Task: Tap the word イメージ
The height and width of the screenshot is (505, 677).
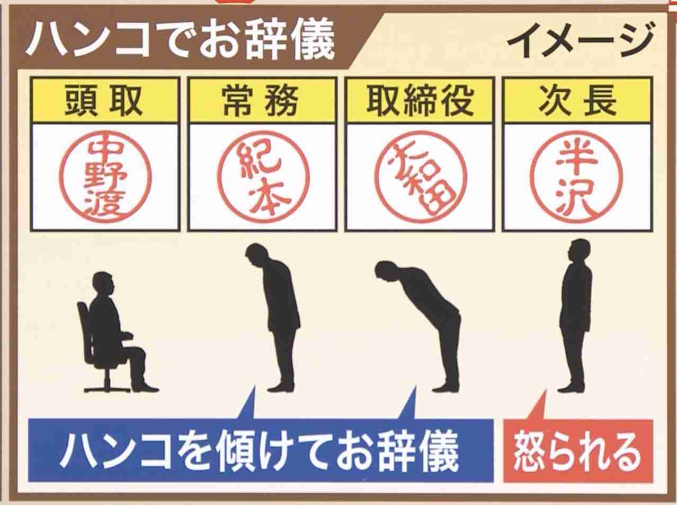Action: pyautogui.click(x=580, y=41)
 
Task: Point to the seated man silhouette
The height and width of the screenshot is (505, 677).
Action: pyautogui.click(x=114, y=334)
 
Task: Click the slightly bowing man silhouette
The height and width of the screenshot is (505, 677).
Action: pyautogui.click(x=275, y=318)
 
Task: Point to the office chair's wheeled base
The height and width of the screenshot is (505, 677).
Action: pyautogui.click(x=106, y=385)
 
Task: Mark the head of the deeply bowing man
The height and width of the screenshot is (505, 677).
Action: pyautogui.click(x=385, y=272)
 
